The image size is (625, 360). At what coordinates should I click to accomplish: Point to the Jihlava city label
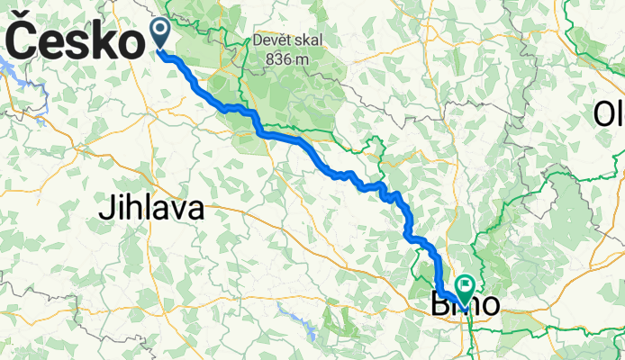click(150, 211)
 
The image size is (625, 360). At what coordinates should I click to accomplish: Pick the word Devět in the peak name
click(275, 41)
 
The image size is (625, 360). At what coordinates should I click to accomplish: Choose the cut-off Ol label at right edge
click(610, 114)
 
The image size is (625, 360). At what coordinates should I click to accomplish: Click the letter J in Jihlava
click(104, 211)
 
